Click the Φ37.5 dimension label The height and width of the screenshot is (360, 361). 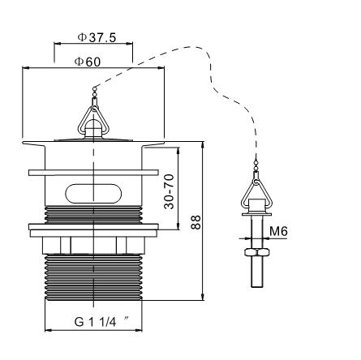tap(97, 37)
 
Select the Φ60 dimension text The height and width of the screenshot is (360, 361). tap(88, 62)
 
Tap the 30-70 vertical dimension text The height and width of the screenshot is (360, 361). tap(170, 191)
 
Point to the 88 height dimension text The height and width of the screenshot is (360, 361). tap(196, 222)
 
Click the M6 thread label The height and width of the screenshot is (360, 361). tap(278, 231)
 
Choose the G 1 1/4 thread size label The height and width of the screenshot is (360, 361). tap(95, 322)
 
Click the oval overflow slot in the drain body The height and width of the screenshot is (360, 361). tap(93, 193)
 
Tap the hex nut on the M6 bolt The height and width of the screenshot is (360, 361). tap(256, 252)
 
